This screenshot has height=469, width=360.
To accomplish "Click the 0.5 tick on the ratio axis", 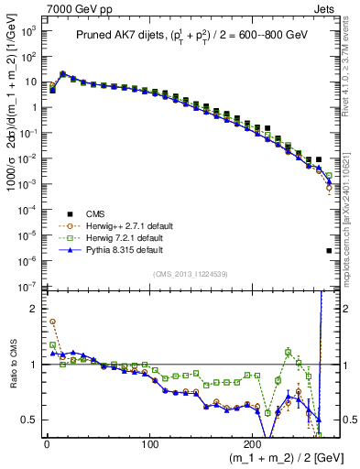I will [x=29, y=420].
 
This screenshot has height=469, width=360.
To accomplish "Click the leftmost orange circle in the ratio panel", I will [x=52, y=322].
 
